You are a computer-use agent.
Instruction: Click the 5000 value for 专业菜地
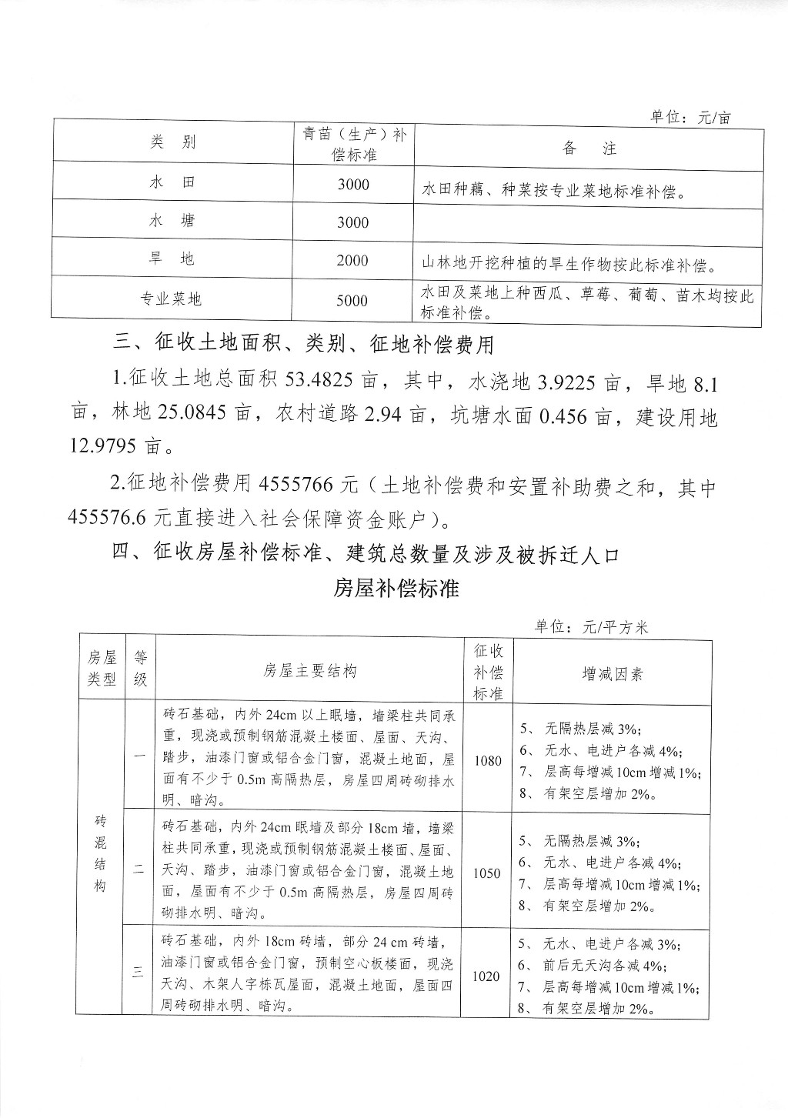pyautogui.click(x=352, y=301)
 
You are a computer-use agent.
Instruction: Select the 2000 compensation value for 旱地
pyautogui.click(x=352, y=261)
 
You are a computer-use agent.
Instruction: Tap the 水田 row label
pyautogui.click(x=172, y=183)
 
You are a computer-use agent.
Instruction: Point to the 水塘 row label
pyautogui.click(x=172, y=221)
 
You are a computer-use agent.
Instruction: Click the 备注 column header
pyautogui.click(x=589, y=149)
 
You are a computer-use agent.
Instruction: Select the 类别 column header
pyautogui.click(x=172, y=142)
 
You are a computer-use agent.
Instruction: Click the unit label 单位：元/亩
pyautogui.click(x=690, y=118)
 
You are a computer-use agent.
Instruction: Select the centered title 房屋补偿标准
pyautogui.click(x=396, y=589)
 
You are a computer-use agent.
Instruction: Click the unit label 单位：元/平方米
pyautogui.click(x=592, y=627)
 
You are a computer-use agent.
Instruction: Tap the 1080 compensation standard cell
pyautogui.click(x=488, y=761)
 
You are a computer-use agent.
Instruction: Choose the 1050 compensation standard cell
pyautogui.click(x=488, y=873)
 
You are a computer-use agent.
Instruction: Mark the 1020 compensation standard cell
pyautogui.click(x=486, y=976)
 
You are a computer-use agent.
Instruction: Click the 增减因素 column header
pyautogui.click(x=613, y=674)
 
